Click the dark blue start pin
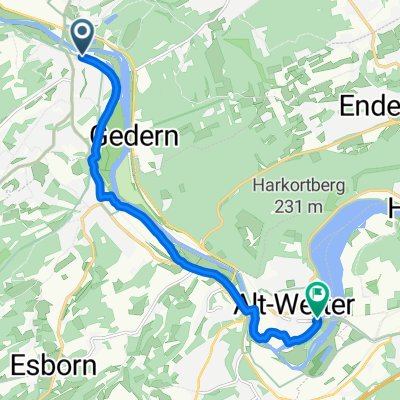coord(83,36)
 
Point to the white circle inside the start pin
coord(83,32)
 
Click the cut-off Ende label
coord(373,107)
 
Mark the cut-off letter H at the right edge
coord(393,207)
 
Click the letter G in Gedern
coord(102,137)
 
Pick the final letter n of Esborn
coord(89,366)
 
